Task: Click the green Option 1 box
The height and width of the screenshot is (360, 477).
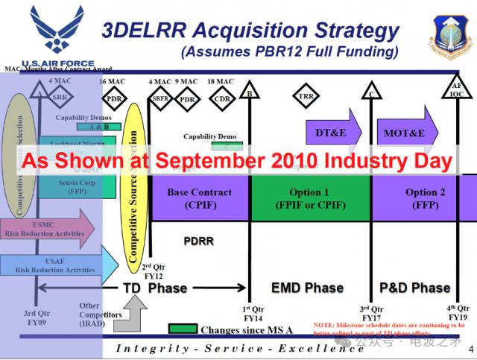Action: tap(309, 198)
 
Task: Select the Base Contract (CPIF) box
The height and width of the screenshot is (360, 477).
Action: tap(199, 198)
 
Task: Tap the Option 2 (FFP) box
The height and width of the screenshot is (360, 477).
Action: tap(425, 198)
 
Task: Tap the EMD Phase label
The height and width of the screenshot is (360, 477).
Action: tap(308, 288)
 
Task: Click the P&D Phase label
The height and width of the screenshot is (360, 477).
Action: tap(415, 288)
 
